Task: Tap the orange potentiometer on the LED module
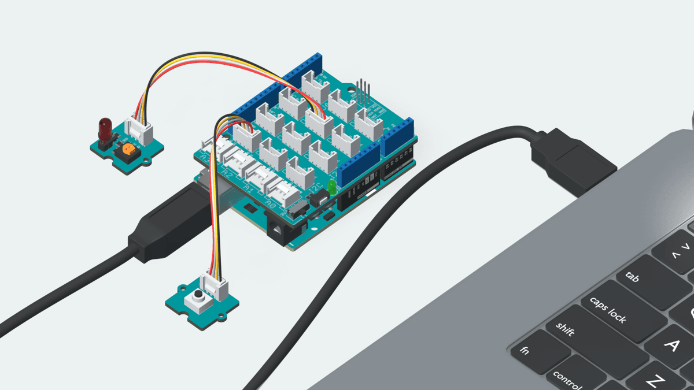coord(127,151)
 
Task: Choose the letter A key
coord(671,346)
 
